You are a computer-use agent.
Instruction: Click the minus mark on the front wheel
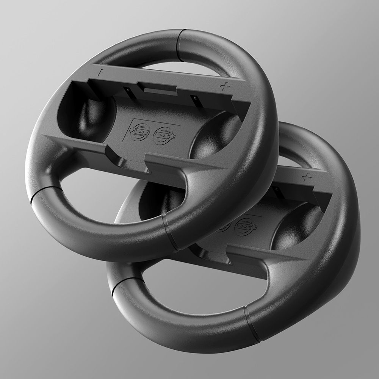pos(99,72)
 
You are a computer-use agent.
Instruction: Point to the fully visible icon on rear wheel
pos(243,227)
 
